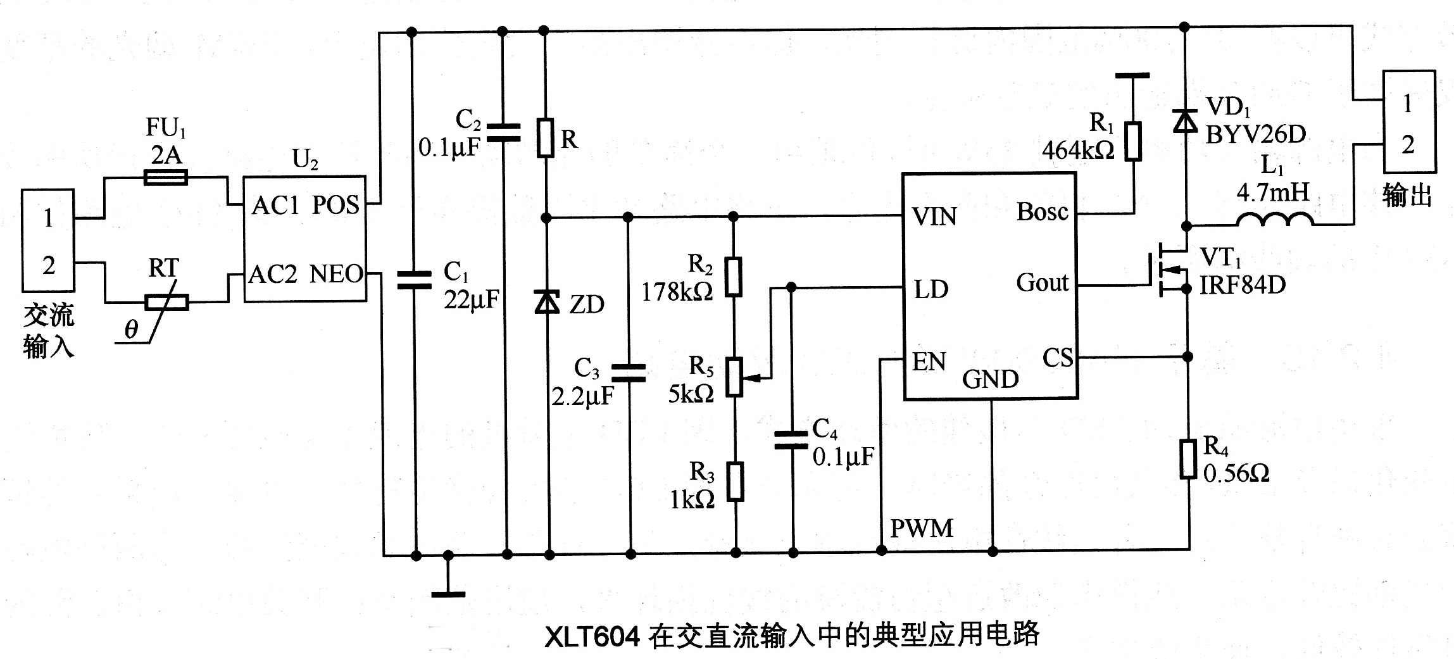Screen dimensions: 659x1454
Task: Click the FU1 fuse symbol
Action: [x=166, y=177]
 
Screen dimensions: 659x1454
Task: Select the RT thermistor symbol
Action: [x=166, y=303]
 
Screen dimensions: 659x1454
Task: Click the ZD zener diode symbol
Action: [x=548, y=303]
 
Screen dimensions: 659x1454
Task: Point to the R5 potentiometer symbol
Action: [x=734, y=377]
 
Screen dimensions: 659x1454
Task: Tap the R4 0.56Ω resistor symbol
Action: [x=1188, y=458]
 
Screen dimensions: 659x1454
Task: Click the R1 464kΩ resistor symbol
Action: [x=1133, y=141]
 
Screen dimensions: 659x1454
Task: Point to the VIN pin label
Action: [x=934, y=217]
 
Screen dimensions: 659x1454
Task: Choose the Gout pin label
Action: [x=1042, y=283]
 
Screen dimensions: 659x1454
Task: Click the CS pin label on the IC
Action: [x=1058, y=359]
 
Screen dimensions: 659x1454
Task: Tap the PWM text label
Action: [x=922, y=529]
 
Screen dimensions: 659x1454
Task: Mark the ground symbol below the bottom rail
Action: [x=448, y=594]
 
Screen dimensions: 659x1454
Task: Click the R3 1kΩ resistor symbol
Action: [x=735, y=482]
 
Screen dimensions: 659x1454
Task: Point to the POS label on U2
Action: [x=335, y=205]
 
